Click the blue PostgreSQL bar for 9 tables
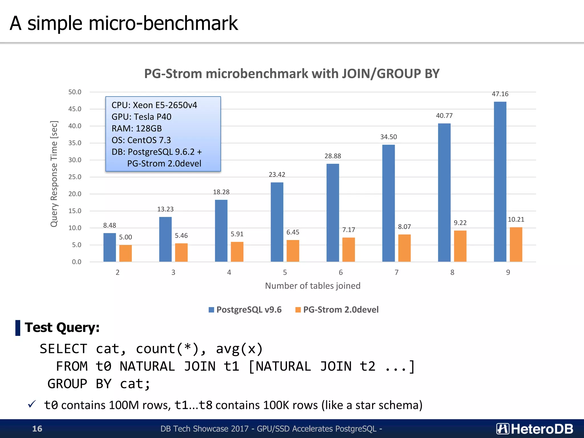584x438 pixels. click(500, 182)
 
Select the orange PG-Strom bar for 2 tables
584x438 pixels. click(125, 253)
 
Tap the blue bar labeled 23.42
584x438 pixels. click(277, 222)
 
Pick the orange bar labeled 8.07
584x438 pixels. click(404, 248)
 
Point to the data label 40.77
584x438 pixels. click(444, 116)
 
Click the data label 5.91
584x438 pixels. click(237, 234)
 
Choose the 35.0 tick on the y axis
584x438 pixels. click(75, 143)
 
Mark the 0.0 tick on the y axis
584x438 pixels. click(76, 262)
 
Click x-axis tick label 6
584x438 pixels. click(341, 273)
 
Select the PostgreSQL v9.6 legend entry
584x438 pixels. click(245, 310)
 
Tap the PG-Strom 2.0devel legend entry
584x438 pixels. click(337, 310)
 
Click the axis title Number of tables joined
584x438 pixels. click(313, 286)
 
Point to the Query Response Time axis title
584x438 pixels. click(54, 174)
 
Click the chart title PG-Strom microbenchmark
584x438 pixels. click(291, 74)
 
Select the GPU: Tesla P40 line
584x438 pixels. click(141, 117)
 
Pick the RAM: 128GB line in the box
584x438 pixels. click(137, 129)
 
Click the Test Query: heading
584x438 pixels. click(62, 327)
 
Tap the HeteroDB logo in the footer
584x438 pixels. click(535, 429)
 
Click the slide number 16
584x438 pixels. click(37, 429)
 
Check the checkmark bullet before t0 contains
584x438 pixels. click(32, 404)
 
